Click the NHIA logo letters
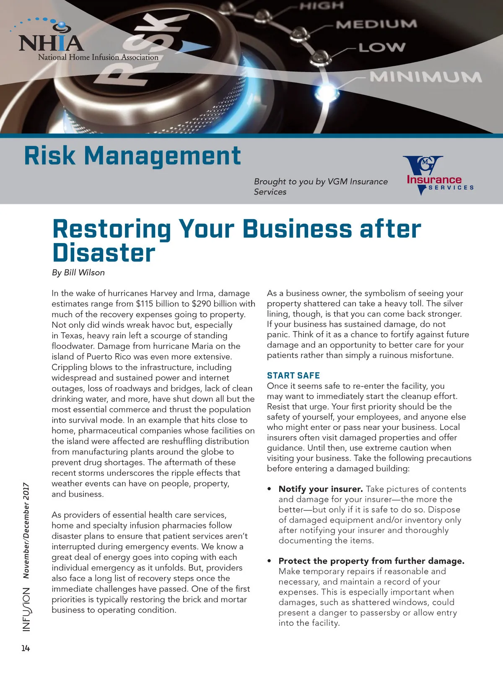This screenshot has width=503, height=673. (51, 43)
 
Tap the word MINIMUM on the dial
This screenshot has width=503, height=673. (425, 77)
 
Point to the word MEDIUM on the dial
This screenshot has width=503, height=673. (376, 24)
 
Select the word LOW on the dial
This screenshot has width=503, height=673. (382, 47)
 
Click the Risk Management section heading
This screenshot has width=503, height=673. (132, 155)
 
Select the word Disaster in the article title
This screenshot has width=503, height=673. (104, 253)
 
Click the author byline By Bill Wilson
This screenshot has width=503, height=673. (78, 272)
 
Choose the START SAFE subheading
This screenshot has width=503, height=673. (293, 375)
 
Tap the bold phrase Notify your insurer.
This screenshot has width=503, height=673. (321, 489)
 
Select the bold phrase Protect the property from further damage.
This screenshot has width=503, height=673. (371, 561)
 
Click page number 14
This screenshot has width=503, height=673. (26, 648)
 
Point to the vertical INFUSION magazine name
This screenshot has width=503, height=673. (26, 609)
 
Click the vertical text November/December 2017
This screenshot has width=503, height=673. (26, 531)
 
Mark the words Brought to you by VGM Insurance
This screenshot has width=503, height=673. (321, 181)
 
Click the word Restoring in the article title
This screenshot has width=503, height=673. (111, 229)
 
